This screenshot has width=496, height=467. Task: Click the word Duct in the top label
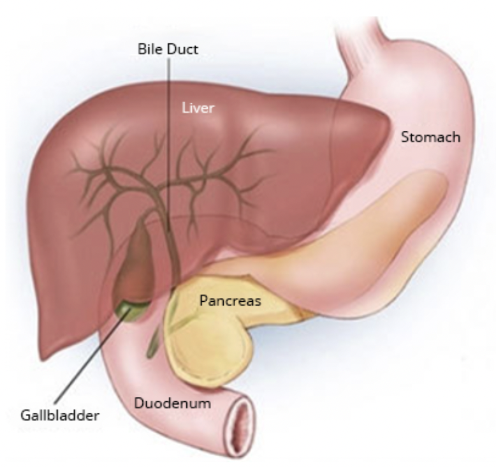click(x=183, y=49)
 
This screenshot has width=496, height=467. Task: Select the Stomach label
click(x=430, y=137)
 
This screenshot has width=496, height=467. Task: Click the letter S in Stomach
click(x=404, y=137)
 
